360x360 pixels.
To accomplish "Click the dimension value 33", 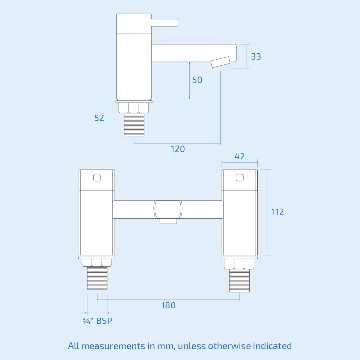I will (x=256, y=56).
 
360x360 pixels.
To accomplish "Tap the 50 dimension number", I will (x=197, y=80).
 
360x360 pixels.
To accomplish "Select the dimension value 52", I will (x=99, y=118).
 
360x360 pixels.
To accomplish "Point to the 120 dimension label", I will (x=178, y=149).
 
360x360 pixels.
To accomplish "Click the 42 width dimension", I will (x=239, y=156).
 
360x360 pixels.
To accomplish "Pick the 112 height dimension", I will (x=277, y=212).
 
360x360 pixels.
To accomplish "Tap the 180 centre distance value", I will (x=168, y=305).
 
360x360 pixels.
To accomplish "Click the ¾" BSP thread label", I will (x=97, y=321).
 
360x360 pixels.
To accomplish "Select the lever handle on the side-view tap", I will (x=165, y=22).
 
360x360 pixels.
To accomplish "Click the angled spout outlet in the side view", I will (x=221, y=62).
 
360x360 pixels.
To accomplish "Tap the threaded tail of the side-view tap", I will (x=134, y=124).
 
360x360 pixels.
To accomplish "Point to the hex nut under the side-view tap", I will (x=134, y=108).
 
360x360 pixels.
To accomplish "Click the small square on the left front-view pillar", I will (x=97, y=178).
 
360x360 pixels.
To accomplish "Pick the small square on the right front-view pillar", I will (x=239, y=178).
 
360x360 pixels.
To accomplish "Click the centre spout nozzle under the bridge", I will (x=168, y=221).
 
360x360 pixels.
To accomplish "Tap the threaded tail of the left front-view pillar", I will (x=97, y=278).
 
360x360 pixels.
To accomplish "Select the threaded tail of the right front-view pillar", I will (x=239, y=281).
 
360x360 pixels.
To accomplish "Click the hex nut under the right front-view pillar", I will (x=239, y=264).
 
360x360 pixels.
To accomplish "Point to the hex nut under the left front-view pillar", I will (x=97, y=262).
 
